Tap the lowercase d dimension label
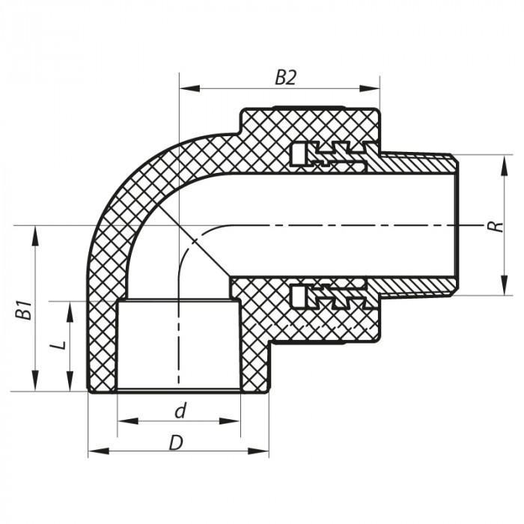click(x=180, y=410)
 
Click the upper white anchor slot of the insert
click(x=298, y=155)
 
